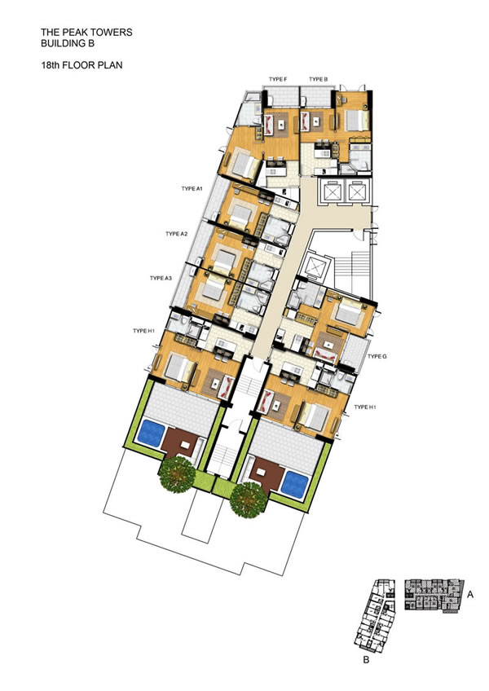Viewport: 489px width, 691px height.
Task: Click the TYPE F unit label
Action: [278, 79]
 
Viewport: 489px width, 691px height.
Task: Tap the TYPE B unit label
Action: [319, 79]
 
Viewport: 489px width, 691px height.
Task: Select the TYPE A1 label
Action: [192, 188]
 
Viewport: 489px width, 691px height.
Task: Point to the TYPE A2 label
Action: [176, 234]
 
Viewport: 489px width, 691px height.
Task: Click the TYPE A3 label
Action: [161, 278]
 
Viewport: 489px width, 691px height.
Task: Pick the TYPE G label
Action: [377, 356]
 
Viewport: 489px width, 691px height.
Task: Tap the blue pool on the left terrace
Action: [151, 434]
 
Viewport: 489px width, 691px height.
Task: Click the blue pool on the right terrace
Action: [294, 484]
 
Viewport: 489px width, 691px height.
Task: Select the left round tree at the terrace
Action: [177, 474]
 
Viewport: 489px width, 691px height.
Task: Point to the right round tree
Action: [249, 500]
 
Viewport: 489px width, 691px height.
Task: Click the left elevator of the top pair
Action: [331, 191]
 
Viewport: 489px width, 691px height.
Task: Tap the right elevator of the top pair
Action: [356, 191]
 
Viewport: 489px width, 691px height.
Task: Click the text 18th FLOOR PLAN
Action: [81, 65]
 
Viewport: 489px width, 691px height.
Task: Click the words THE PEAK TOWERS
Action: [86, 32]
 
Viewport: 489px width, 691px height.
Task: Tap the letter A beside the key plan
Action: [470, 595]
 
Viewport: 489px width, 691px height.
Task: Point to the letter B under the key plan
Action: [366, 660]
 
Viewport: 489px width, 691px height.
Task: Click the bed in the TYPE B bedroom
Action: [356, 120]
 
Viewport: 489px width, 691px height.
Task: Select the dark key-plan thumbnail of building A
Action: [434, 595]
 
